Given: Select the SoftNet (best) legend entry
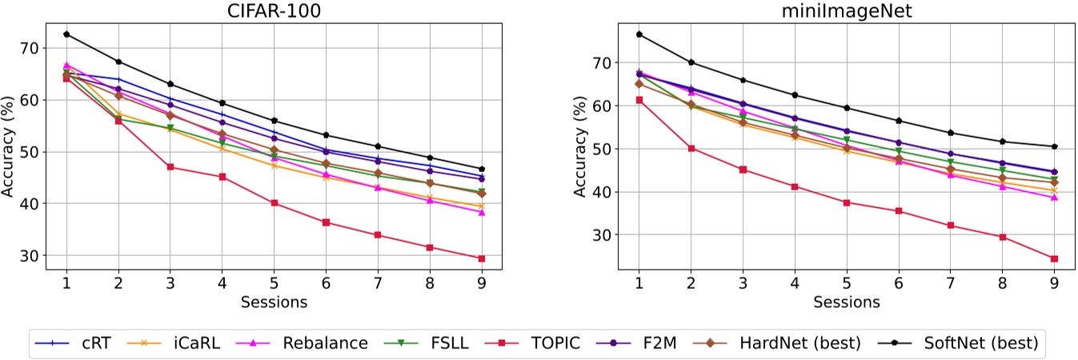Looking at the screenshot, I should tap(980, 343).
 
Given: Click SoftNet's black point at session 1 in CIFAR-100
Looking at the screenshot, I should tap(66, 34).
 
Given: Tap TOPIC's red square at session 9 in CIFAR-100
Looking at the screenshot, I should tap(482, 258).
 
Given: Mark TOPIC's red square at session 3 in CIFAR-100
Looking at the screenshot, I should tap(170, 166).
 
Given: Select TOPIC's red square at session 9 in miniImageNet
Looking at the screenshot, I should tap(1054, 258).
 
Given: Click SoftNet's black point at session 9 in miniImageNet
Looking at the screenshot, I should tap(1054, 146).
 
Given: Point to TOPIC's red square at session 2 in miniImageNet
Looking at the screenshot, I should tap(691, 148).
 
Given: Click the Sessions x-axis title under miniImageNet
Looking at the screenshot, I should tap(846, 303).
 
